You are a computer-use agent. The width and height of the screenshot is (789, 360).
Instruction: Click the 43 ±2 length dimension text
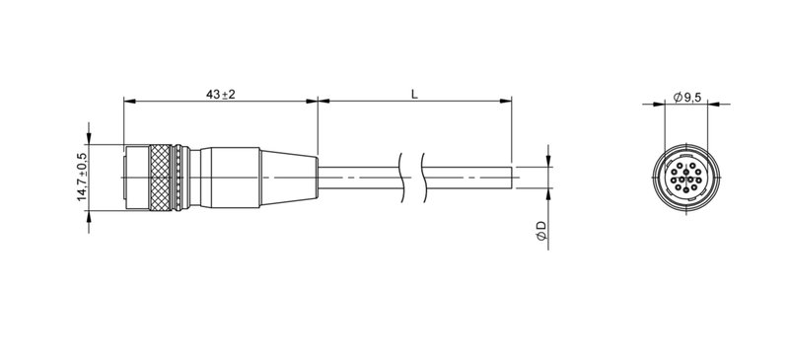coord(220,93)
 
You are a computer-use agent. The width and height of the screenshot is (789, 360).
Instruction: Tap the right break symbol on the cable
coord(423,177)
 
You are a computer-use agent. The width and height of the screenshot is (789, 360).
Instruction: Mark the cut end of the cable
coord(511,178)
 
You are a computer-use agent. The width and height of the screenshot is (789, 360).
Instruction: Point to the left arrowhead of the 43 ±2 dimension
coord(128,101)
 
